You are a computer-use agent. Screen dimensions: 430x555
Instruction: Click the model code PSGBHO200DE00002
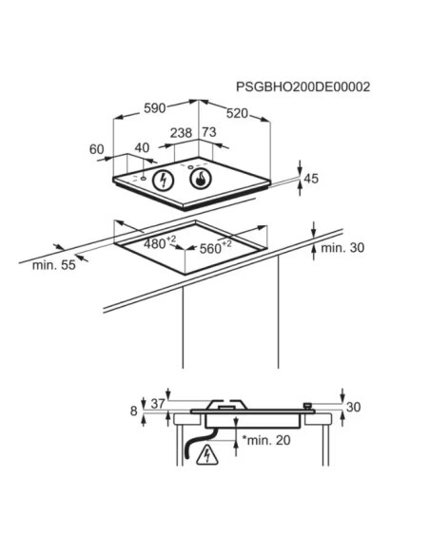(x=303, y=87)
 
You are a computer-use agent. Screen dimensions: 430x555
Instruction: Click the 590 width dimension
(x=155, y=108)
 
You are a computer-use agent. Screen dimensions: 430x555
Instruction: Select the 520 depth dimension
(x=237, y=114)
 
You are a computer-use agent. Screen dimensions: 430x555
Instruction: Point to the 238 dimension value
(x=181, y=133)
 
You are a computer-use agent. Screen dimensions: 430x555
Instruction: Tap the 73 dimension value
(x=209, y=132)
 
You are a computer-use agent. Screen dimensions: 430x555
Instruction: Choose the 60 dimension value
(x=96, y=149)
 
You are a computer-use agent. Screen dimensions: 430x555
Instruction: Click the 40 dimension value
(x=142, y=147)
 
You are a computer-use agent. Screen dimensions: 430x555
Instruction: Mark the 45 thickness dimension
(x=311, y=179)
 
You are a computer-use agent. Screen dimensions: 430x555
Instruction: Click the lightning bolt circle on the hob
(x=164, y=181)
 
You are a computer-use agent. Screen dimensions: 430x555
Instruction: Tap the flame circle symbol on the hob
(x=201, y=179)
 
